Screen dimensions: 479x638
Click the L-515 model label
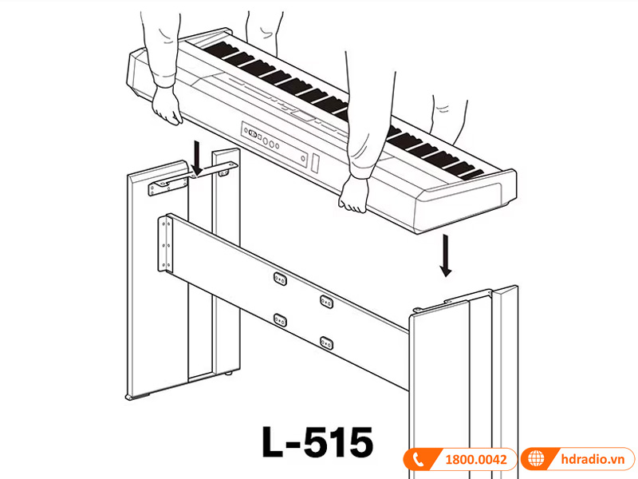317,441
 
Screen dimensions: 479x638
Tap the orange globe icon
535,461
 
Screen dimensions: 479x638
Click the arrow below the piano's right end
446,255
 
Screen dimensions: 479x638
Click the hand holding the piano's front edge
353,195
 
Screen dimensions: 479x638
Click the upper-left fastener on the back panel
280,277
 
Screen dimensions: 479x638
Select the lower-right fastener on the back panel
326,342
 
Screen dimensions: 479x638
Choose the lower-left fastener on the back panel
280,319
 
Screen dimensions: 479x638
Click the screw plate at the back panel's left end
166,244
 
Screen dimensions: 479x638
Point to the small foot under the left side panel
130,397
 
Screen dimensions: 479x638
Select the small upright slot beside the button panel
316,164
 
